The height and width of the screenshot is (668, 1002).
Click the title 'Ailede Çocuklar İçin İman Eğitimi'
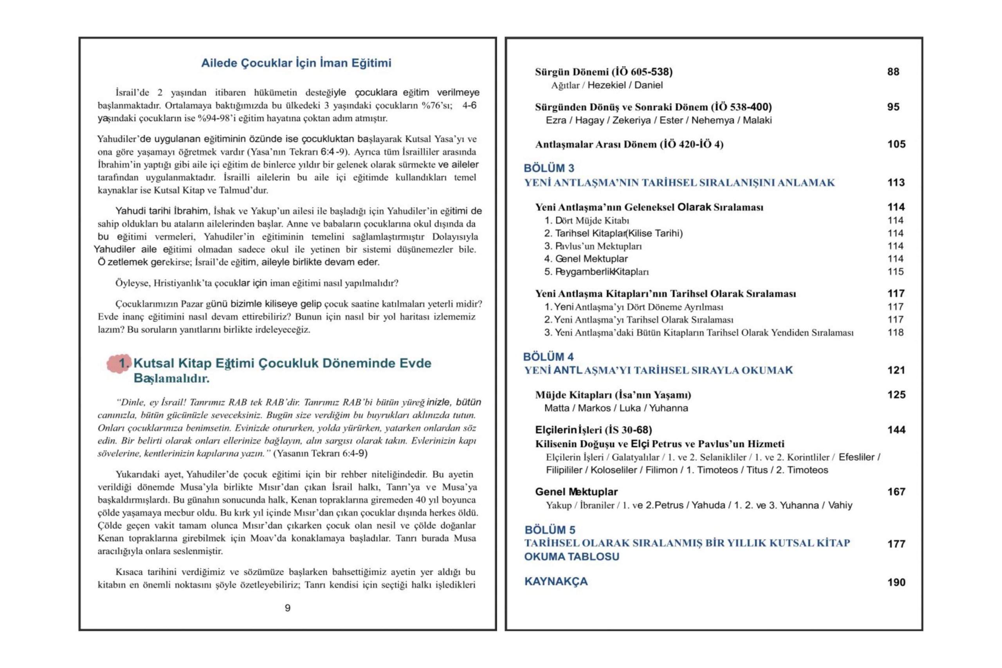(296, 63)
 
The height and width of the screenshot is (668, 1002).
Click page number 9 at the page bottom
(288, 608)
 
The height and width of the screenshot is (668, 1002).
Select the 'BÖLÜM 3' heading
(549, 168)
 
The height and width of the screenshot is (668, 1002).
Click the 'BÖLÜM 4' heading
(548, 357)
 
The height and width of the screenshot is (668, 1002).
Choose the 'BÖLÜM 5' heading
(550, 530)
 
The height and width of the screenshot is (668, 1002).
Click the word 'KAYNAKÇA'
(555, 582)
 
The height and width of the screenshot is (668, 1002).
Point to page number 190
(896, 582)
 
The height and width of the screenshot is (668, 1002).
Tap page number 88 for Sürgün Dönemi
(893, 72)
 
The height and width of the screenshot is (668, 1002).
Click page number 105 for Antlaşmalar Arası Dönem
(896, 144)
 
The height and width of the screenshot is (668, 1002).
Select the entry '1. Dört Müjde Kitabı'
(586, 220)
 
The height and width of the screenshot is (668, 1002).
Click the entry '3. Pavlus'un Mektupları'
(593, 246)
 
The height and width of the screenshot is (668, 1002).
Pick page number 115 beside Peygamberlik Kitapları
(895, 271)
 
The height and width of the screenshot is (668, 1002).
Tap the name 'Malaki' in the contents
(757, 120)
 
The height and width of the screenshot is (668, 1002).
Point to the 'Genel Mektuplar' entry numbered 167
(576, 492)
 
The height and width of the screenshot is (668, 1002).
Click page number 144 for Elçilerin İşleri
(896, 430)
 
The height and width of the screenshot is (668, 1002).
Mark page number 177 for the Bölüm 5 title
(896, 544)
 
